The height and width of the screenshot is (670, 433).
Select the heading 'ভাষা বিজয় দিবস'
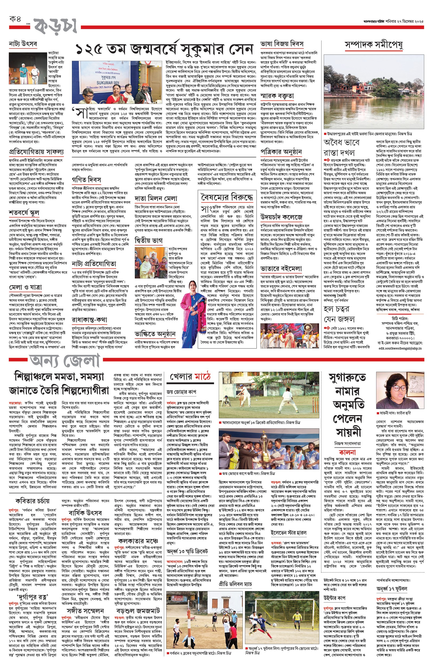click(x=282, y=44)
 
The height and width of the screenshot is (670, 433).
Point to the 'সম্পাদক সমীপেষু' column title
click(x=374, y=45)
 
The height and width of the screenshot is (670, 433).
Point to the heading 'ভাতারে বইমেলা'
click(x=281, y=269)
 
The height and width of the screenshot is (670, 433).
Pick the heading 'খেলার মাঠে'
click(x=190, y=377)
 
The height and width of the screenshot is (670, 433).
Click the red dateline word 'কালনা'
click(x=347, y=452)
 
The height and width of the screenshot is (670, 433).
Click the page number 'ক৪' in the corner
click(x=15, y=19)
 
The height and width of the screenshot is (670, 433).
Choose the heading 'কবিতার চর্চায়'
click(x=33, y=501)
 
